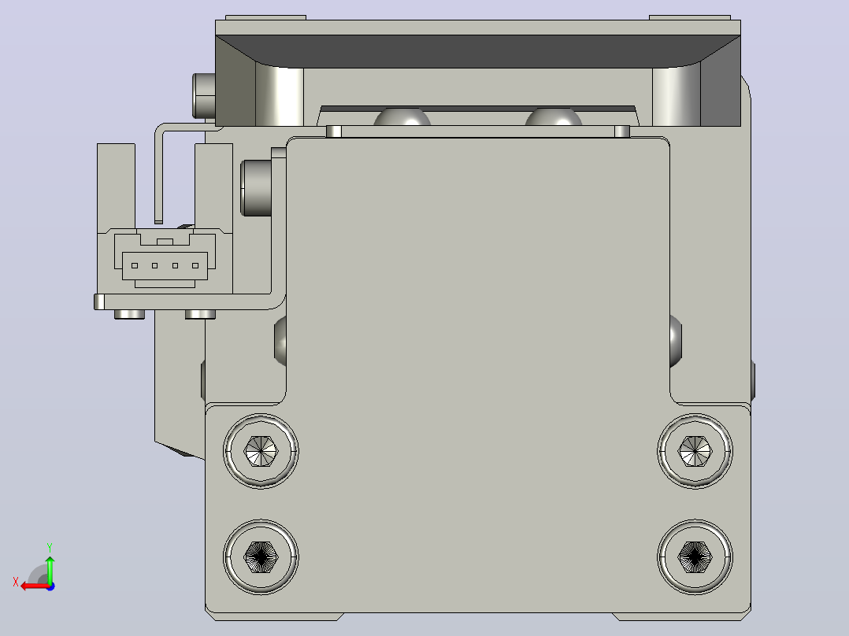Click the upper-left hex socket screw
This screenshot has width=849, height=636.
(261, 451)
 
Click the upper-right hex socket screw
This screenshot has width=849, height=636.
(695, 451)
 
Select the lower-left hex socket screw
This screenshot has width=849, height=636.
(261, 557)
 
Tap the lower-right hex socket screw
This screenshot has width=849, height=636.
(695, 557)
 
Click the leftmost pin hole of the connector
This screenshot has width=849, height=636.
(135, 266)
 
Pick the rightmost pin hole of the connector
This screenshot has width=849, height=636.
(195, 266)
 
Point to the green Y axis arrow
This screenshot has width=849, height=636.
(50, 568)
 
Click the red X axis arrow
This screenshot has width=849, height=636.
(35, 586)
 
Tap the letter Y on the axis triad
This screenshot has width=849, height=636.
(50, 547)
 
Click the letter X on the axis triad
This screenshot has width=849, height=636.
(16, 582)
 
